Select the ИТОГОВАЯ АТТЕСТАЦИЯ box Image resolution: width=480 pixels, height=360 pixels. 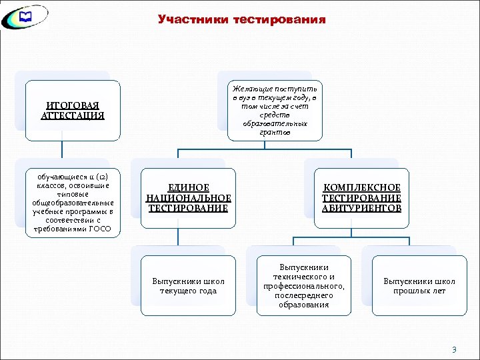73,111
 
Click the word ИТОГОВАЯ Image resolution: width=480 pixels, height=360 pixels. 73,105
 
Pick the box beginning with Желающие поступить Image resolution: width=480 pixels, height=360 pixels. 275,110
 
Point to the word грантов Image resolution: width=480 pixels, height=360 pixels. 275,132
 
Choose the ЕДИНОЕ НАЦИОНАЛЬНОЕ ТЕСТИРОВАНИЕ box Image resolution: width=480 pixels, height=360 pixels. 189,198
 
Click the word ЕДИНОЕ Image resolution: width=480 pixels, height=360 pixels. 189,188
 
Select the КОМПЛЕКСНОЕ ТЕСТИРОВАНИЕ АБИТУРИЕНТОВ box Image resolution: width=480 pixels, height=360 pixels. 361,198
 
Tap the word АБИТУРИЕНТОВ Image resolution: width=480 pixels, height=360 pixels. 361,208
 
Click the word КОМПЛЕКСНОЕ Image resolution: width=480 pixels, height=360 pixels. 361,188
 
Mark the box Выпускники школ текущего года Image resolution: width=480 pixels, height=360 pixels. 189,285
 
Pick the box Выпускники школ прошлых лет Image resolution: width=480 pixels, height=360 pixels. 419,285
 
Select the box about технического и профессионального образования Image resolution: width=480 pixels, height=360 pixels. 304,285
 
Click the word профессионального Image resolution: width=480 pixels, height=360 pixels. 304,286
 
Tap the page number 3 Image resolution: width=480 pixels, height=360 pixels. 454,349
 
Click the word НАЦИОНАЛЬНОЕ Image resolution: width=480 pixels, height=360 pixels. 189,198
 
